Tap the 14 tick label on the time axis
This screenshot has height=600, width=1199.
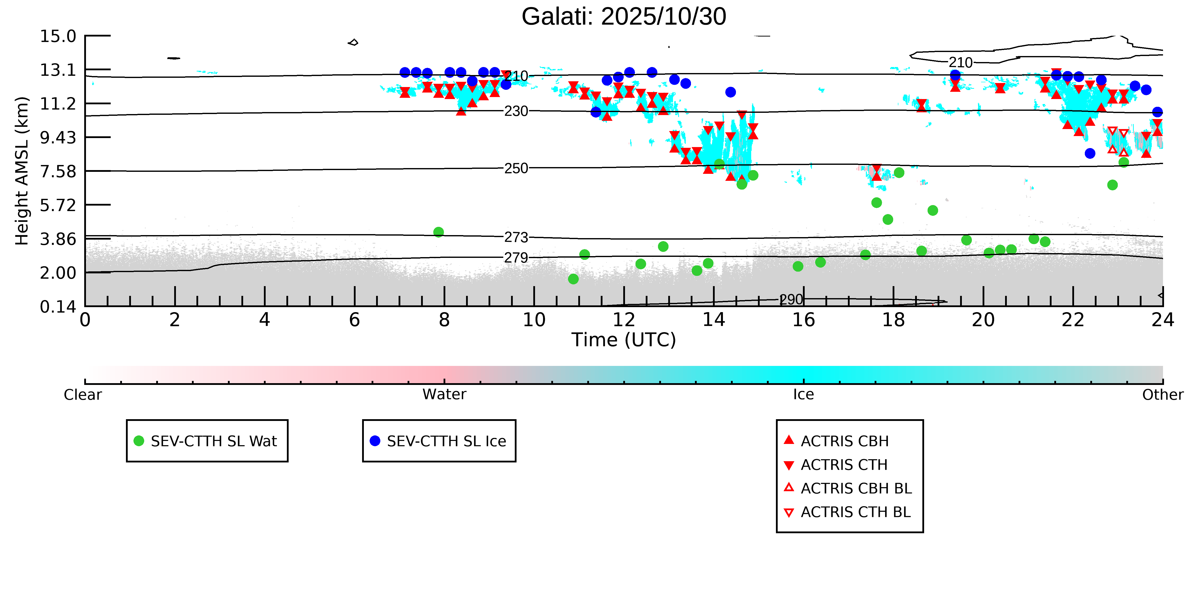tap(713, 320)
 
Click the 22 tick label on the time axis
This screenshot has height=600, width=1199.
tap(1073, 320)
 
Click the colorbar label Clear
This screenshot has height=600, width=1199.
tap(83, 395)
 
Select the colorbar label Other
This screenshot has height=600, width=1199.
tap(1162, 395)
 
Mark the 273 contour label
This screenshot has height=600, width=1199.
tap(516, 238)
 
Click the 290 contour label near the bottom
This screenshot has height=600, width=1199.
tap(791, 300)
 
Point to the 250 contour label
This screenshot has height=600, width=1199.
tap(516, 168)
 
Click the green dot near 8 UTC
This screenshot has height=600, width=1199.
tap(439, 232)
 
